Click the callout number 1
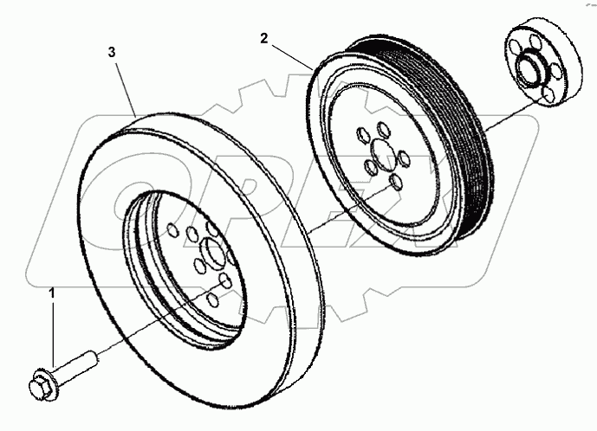[51, 295]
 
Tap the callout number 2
[264, 38]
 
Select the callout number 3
[110, 53]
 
